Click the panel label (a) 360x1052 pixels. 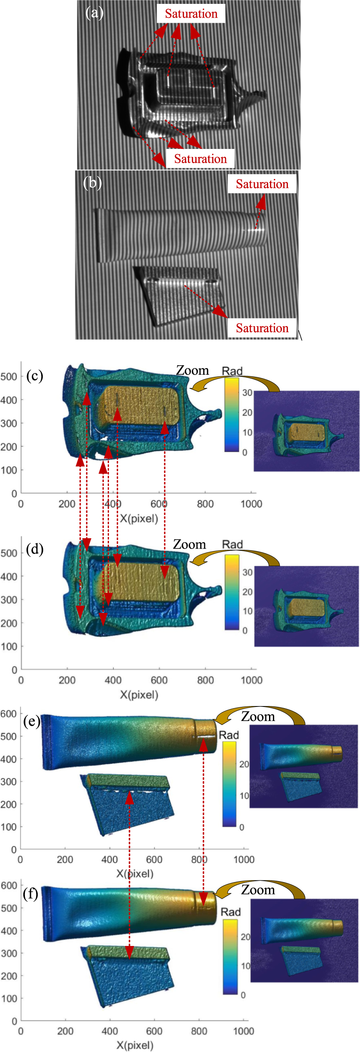94,13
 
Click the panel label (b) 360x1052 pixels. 92,183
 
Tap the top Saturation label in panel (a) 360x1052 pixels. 191,14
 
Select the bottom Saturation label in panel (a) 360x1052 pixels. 200,159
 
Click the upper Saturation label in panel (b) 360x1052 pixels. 262,184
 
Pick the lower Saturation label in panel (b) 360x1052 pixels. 262,328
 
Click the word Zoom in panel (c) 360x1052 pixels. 193,370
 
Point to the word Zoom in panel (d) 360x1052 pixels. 189,545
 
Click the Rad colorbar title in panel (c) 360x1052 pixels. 232,371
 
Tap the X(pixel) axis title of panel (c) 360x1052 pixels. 139,518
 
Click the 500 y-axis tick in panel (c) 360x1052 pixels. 9,376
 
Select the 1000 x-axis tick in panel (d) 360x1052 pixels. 251,680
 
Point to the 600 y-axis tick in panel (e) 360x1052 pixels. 9,714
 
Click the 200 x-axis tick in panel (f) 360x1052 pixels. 65,1031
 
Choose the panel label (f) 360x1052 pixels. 31,894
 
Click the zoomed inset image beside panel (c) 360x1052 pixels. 306,431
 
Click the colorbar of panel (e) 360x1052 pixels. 229,784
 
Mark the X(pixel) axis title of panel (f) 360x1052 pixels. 135,1046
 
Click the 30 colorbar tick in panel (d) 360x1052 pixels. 248,572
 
